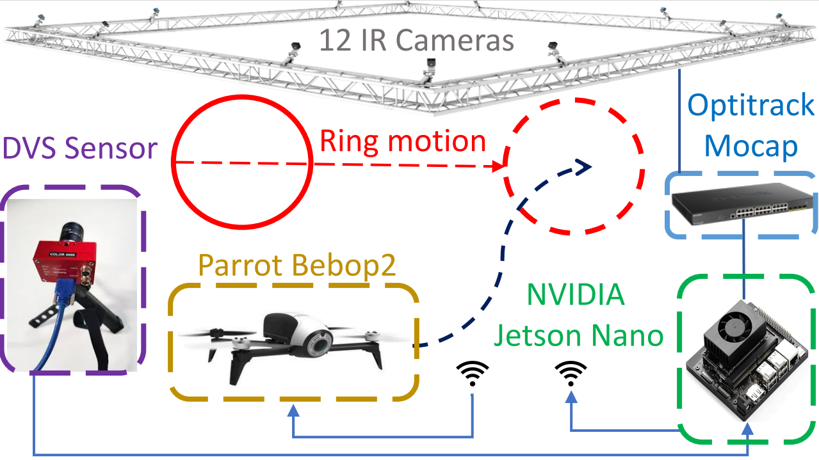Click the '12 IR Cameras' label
(416, 40)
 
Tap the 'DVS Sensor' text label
(80, 148)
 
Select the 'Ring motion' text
(402, 141)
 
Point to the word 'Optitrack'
(751, 106)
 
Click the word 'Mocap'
(751, 146)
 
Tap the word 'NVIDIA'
(575, 294)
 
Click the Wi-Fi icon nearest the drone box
(472, 374)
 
